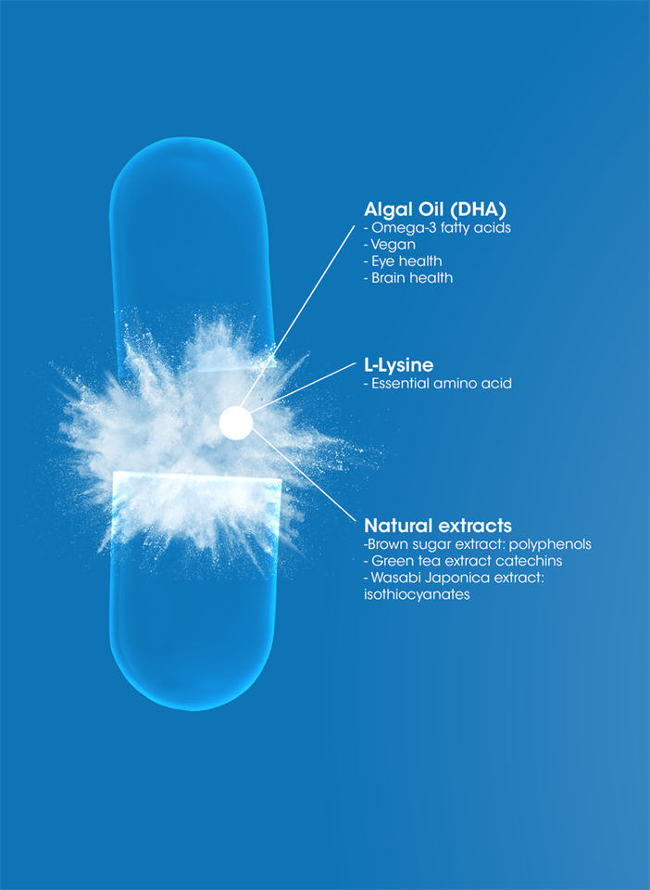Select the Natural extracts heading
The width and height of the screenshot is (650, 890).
tap(438, 526)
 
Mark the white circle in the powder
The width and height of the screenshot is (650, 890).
tap(236, 423)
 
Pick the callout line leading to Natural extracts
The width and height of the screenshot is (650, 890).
tap(306, 473)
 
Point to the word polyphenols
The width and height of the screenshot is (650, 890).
tap(551, 545)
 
